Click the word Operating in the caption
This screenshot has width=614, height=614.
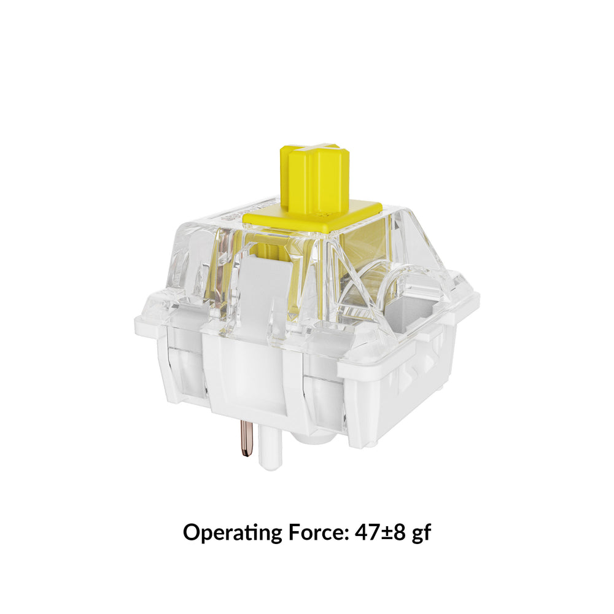(230, 533)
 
